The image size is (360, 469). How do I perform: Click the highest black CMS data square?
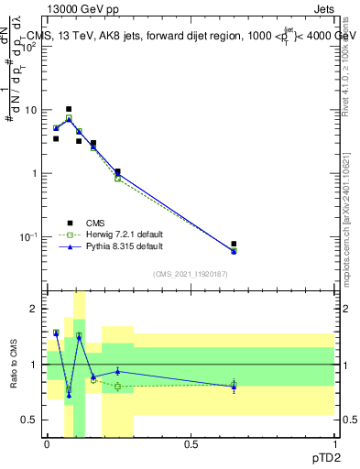click(x=69, y=109)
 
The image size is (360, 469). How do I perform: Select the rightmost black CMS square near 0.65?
click(x=234, y=245)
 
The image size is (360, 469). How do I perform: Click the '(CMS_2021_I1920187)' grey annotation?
click(x=191, y=273)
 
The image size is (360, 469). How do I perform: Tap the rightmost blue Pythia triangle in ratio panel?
click(x=234, y=387)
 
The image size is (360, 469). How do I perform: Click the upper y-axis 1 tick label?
click(x=34, y=173)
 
